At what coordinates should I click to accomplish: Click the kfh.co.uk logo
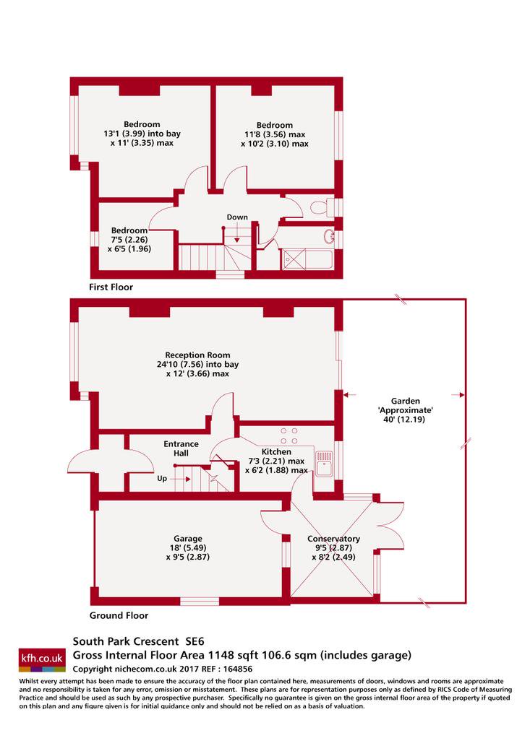(41, 659)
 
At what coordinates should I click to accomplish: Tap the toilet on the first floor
(322, 207)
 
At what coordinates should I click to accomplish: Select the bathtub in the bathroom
(307, 259)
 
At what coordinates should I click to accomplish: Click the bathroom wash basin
(329, 235)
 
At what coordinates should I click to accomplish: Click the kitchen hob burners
(289, 435)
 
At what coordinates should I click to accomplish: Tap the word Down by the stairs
(237, 217)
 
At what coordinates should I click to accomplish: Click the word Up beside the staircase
(162, 478)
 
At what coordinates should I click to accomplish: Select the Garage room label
(188, 539)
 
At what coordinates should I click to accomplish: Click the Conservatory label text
(333, 539)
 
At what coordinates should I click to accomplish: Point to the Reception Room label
(197, 355)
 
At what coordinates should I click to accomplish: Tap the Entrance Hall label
(181, 448)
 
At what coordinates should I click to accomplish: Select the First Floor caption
(111, 287)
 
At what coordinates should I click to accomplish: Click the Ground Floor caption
(119, 615)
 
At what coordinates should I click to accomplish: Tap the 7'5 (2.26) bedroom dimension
(129, 239)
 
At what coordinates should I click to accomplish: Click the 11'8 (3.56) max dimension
(275, 134)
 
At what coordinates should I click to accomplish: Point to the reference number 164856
(236, 669)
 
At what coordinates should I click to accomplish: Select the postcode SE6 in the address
(195, 641)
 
